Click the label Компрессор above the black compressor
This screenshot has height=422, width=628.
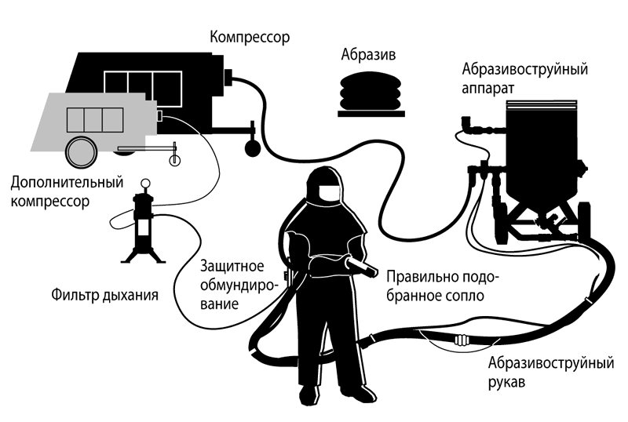coord(250,37)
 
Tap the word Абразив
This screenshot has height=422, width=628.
coord(368,54)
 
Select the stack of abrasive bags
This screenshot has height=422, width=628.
coord(371,93)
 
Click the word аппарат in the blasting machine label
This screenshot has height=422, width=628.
coord(487,89)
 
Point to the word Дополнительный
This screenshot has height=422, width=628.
coord(67,183)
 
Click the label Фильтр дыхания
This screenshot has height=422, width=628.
coord(104,295)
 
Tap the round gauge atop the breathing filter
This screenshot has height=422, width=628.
coord(145,184)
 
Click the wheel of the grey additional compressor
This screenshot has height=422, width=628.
coord(82,152)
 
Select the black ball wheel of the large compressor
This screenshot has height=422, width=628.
coord(252,148)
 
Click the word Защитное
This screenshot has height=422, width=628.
coord(232,266)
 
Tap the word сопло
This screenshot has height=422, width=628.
coord(465,296)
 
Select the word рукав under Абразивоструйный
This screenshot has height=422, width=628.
coord(506,381)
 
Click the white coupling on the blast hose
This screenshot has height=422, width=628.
coord(462,340)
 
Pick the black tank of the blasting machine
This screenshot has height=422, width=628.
coord(542,152)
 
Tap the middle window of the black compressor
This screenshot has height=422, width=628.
coord(141,85)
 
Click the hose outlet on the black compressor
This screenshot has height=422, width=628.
coord(228,77)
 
